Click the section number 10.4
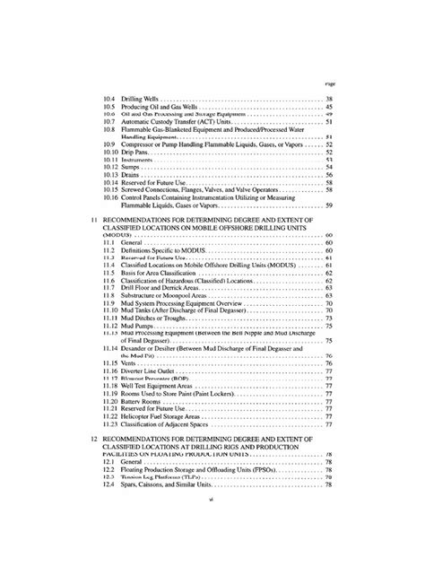coord(108,98)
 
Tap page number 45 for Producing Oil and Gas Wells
coord(330,107)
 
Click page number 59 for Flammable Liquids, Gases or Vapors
coord(330,205)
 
